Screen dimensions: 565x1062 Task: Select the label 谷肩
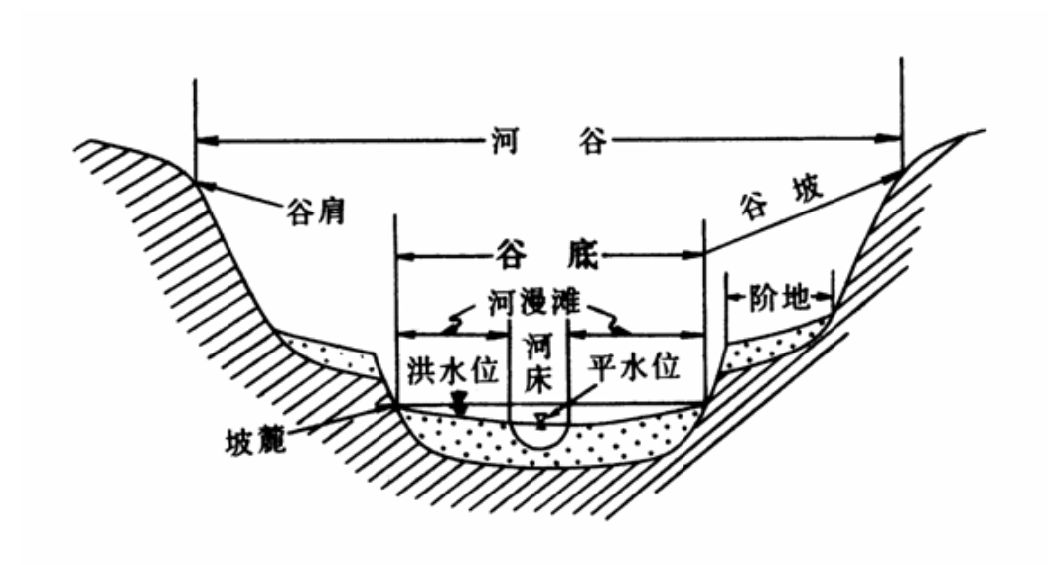point(314,212)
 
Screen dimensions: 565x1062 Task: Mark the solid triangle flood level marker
point(458,405)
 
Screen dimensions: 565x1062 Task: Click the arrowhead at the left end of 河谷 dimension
point(203,141)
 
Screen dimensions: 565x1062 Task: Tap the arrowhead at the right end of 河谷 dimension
point(893,141)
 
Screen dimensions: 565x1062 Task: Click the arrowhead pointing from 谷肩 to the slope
point(202,184)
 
